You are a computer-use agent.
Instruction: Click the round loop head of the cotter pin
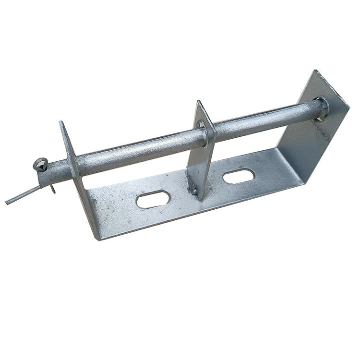pyautogui.click(x=41, y=163)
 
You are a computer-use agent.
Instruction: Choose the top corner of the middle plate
pyautogui.click(x=197, y=102)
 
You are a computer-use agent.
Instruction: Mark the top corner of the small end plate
pyautogui.click(x=61, y=122)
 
